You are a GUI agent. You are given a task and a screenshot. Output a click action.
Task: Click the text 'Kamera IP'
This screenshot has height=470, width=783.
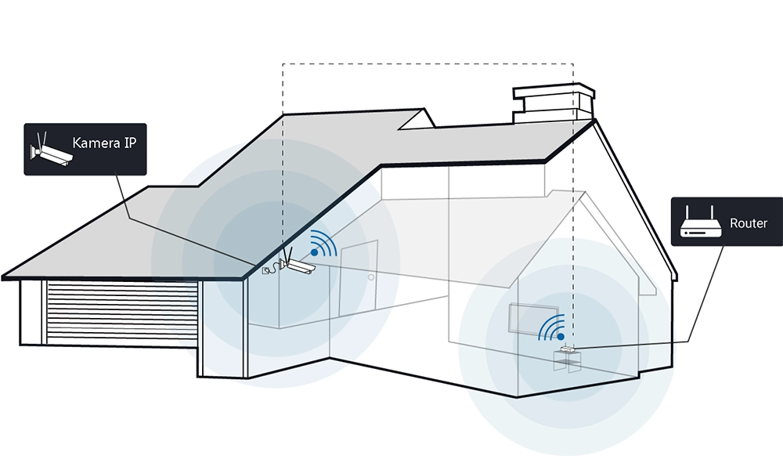[104, 143]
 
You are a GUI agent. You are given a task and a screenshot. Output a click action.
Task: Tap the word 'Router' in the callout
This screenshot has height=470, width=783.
[748, 222]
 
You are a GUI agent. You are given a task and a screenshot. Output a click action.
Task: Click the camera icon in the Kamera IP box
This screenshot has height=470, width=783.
[51, 149]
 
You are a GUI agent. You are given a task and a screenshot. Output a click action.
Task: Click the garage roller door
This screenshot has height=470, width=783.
[122, 313]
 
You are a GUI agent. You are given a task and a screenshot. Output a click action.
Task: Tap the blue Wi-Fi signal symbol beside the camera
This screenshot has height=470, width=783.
[323, 244]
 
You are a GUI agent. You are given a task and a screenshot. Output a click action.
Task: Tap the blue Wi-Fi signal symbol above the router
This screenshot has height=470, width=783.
[552, 327]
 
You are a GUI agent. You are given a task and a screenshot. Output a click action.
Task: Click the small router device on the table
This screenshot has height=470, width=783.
[568, 349]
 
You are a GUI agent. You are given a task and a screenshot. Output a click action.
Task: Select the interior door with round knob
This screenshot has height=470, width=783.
[358, 278]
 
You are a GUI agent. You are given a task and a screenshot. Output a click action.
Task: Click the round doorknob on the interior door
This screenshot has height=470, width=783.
[371, 277]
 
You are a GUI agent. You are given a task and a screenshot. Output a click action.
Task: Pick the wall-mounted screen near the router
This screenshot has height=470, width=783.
[533, 320]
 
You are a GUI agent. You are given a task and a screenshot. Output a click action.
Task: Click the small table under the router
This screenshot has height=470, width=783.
[567, 361]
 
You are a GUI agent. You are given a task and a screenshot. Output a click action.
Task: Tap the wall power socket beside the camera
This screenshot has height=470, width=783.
[265, 271]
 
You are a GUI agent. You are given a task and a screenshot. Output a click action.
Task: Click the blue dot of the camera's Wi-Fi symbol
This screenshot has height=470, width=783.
[314, 253]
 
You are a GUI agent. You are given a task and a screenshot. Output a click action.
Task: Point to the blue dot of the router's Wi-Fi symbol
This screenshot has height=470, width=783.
[561, 337]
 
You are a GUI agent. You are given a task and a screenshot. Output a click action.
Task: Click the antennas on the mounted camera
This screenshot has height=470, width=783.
[288, 255]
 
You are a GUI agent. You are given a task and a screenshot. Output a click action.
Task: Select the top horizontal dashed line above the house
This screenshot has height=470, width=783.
[428, 64]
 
